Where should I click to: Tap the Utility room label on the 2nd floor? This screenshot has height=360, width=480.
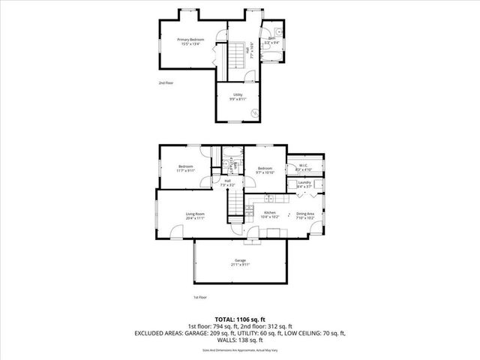point(238,94)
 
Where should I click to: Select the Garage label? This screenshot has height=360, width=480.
point(240,260)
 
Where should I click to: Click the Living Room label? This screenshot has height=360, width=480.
point(195,214)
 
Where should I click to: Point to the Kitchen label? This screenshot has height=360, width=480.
point(270,213)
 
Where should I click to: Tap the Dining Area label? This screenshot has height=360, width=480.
point(304,214)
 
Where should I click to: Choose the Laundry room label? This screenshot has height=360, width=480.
point(304,182)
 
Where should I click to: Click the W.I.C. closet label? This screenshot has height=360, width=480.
point(303,166)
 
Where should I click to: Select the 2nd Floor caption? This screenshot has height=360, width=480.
point(166,82)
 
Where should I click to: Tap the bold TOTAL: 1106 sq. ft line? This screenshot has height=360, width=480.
point(240,319)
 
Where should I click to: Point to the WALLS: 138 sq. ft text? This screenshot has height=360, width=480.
point(240,340)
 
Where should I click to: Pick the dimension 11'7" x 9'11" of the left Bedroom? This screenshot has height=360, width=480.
point(185,170)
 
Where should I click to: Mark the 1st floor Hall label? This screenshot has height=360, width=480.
point(226,181)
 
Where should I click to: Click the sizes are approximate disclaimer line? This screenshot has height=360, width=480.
point(240,349)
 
